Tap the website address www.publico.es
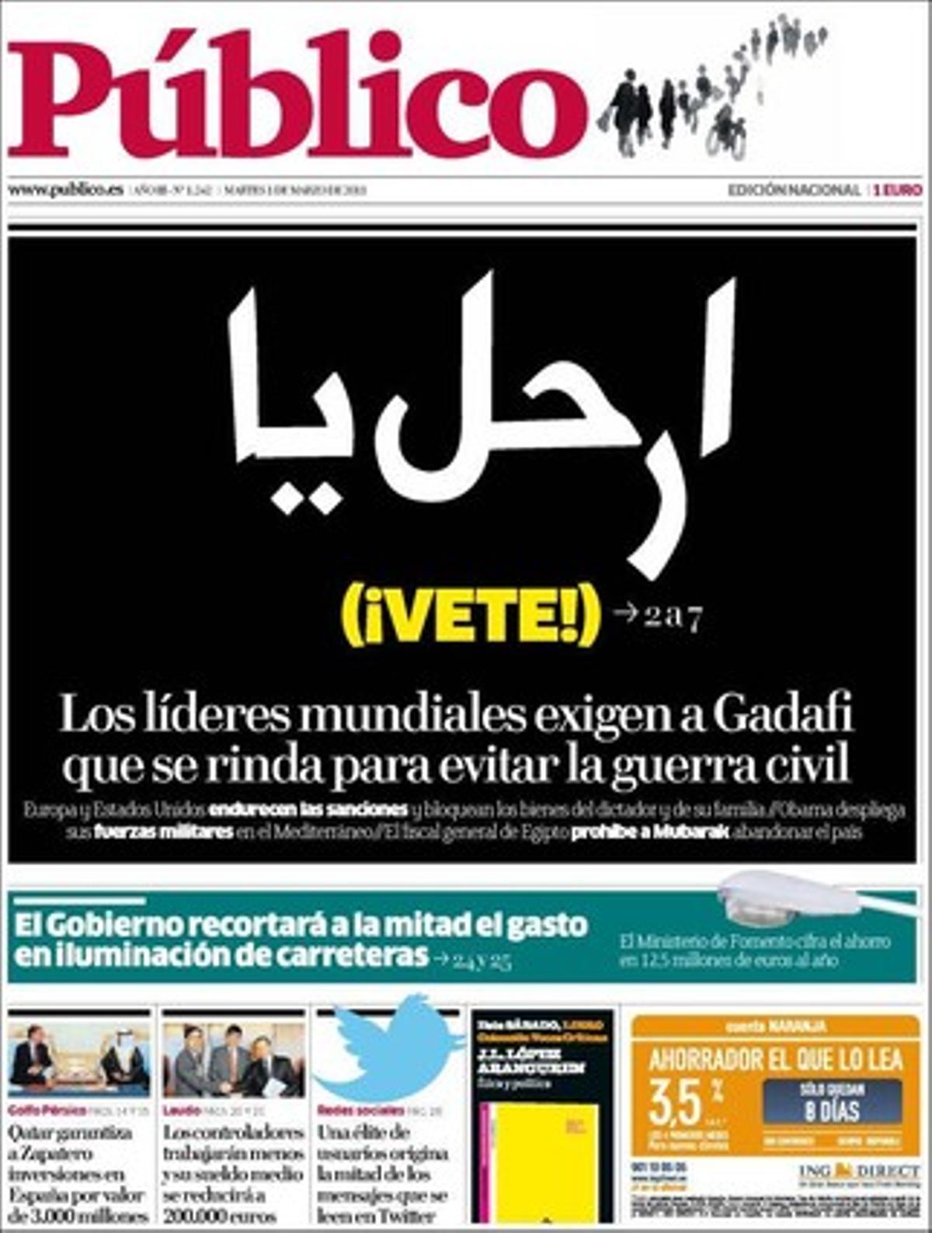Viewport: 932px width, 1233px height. coord(65,189)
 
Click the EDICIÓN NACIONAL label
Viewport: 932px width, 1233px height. coord(793,189)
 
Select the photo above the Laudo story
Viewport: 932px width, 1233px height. coord(233,1061)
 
